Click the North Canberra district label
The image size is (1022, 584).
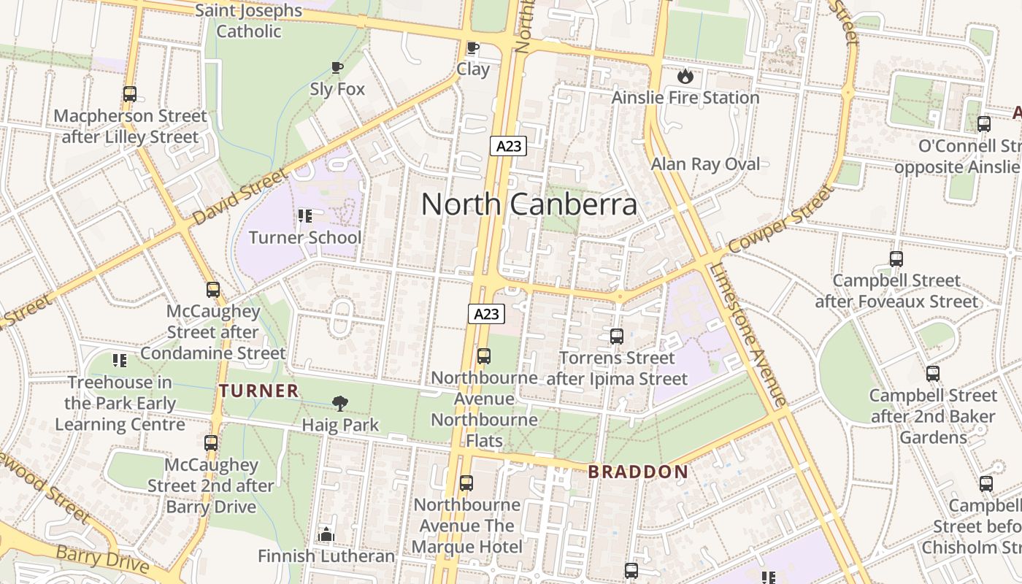529,204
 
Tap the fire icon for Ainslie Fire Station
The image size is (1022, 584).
685,76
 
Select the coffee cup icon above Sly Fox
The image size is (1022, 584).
337,68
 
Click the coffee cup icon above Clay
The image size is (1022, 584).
472,48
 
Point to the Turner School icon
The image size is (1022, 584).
304,216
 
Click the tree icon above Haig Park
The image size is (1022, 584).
339,403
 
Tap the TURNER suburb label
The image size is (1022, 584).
259,391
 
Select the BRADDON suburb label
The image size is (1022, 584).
638,472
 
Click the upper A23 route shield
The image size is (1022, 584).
508,146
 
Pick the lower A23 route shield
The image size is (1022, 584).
486,314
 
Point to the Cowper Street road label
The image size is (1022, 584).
780,219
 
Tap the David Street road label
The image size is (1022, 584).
240,197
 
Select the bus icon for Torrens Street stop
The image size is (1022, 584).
617,337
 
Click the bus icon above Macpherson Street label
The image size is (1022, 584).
130,94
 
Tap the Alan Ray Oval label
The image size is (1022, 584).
705,164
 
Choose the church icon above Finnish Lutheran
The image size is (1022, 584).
326,534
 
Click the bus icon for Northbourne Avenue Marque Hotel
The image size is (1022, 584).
466,483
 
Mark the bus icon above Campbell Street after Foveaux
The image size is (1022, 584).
896,259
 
